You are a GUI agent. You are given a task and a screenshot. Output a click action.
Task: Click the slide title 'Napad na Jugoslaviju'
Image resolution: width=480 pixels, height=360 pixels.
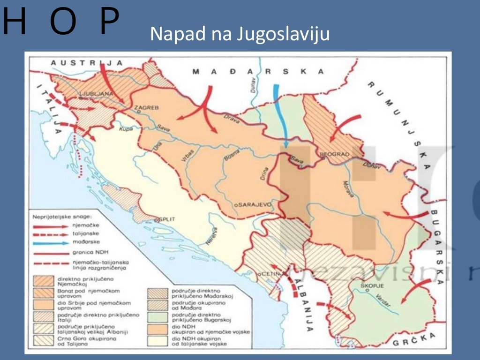240,34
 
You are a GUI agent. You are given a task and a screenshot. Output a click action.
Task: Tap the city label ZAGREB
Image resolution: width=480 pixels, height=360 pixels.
147,108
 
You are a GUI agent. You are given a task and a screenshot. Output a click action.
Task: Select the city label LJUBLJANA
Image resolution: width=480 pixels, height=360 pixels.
97,94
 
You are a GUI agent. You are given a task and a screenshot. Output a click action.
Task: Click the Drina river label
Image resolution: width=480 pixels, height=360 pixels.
263,175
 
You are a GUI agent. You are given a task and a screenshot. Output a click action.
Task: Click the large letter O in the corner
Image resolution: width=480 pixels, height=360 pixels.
63,21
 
